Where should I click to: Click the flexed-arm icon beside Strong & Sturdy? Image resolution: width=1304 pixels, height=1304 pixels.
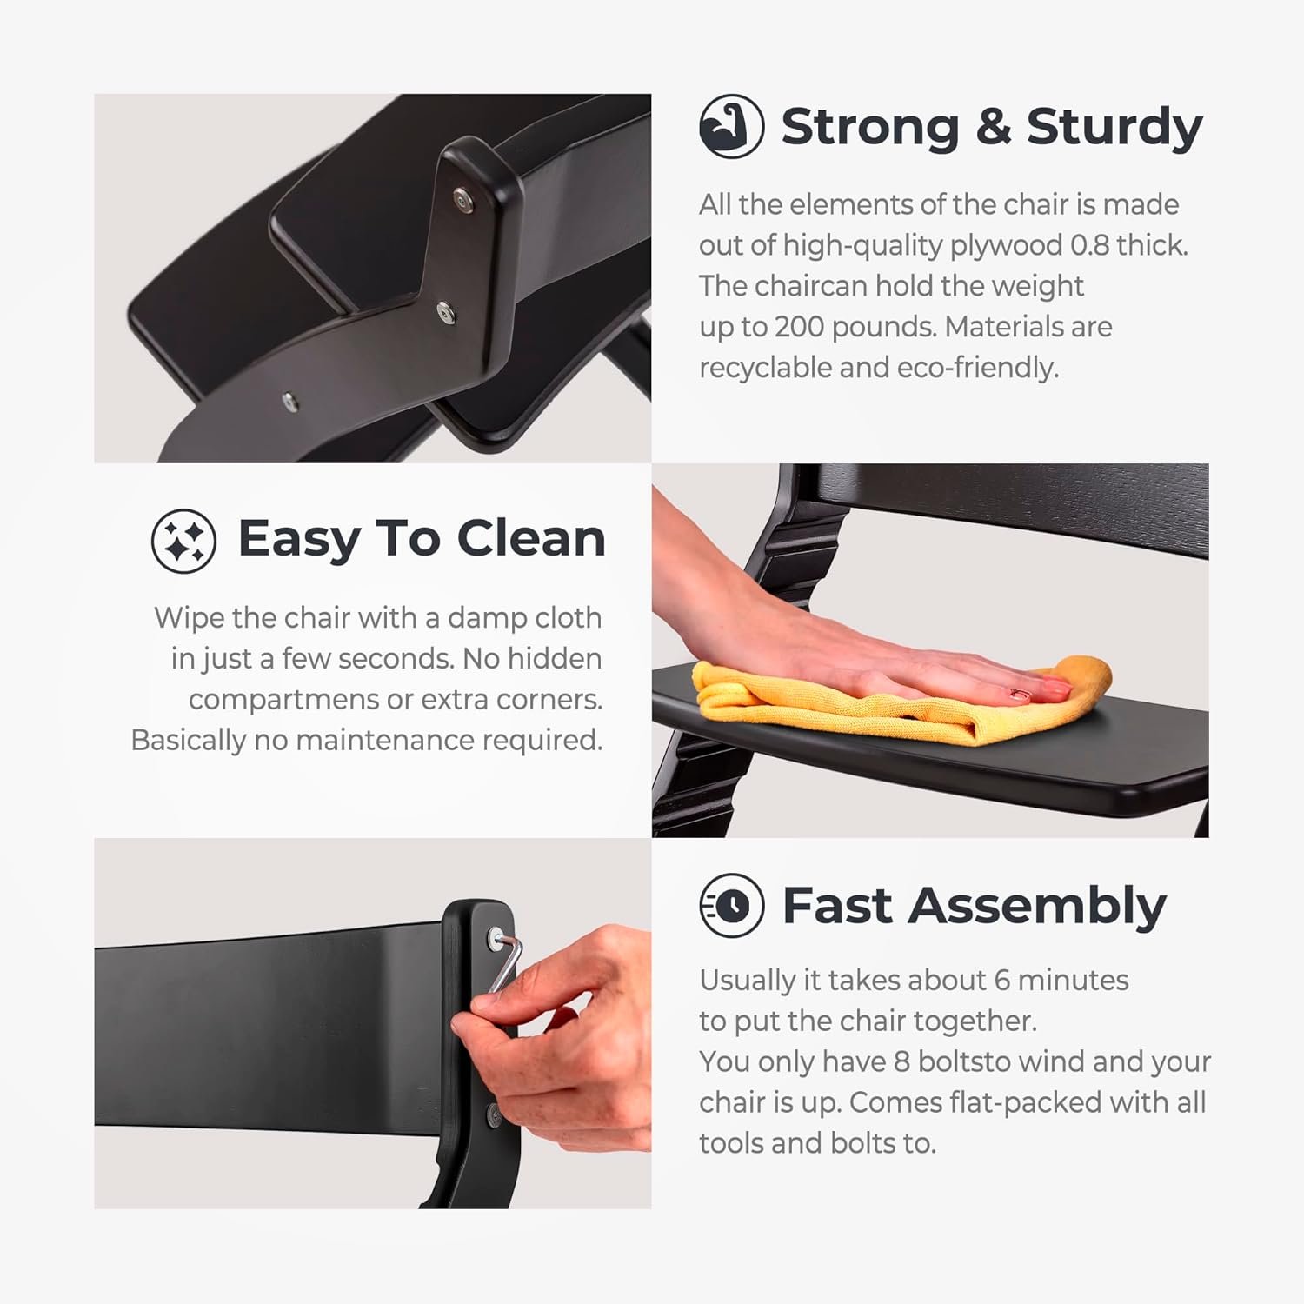coord(731,126)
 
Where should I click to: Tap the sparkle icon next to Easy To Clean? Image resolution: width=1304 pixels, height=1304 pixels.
coord(183,540)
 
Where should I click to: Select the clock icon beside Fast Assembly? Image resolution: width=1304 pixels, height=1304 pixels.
coord(731,905)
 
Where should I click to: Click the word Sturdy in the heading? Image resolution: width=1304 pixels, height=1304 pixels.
coord(1114,128)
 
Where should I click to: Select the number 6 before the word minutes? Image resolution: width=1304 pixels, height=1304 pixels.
coord(1001,981)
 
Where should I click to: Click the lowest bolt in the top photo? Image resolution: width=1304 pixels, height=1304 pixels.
coord(289,401)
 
